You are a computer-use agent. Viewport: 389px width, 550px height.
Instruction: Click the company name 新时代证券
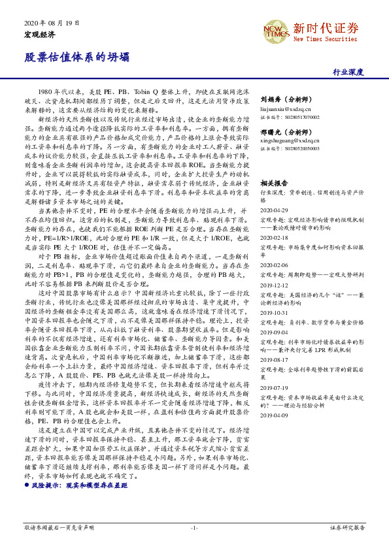(x=326, y=28)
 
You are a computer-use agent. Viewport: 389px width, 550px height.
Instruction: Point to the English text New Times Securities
(x=325, y=39)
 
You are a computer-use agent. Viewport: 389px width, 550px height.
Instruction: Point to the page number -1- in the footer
(x=194, y=527)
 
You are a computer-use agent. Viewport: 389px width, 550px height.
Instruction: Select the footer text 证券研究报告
(x=347, y=527)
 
